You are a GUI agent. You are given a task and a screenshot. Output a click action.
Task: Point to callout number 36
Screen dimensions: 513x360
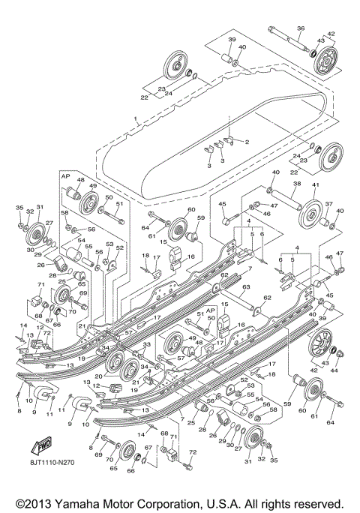[300, 28]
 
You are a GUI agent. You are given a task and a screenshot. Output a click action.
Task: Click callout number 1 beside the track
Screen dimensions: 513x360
[136, 119]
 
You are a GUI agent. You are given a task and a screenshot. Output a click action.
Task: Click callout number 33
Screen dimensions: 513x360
[148, 343]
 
